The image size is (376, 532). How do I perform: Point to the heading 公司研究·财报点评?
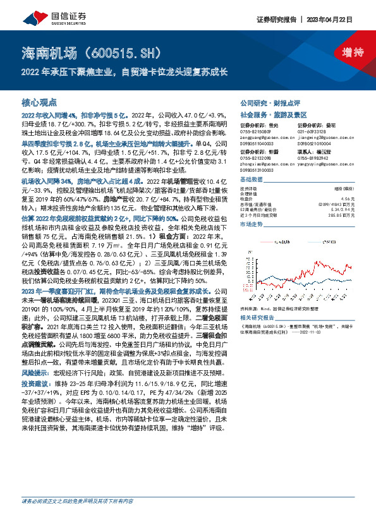[265, 102]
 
